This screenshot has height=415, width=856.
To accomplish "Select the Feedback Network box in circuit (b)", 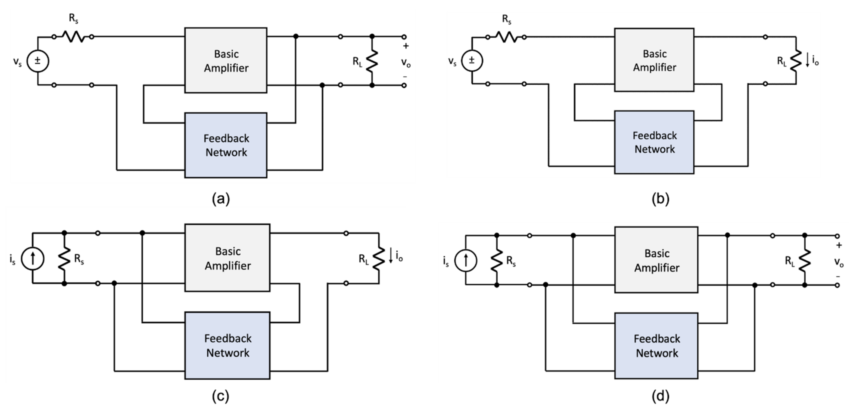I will pyautogui.click(x=654, y=142).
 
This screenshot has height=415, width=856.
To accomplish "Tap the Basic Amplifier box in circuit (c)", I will pyautogui.click(x=227, y=258).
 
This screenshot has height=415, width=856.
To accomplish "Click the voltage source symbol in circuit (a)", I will pyautogui.click(x=38, y=61).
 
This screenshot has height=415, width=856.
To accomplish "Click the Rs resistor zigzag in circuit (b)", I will pyautogui.click(x=506, y=37).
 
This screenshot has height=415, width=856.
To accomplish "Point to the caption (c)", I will pyautogui.click(x=221, y=396).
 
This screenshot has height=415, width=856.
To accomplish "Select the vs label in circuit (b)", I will pyautogui.click(x=452, y=61).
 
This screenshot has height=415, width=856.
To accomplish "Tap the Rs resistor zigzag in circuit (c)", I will pyautogui.click(x=64, y=258).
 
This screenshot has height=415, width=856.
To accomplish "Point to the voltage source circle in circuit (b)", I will pyautogui.click(x=472, y=60).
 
